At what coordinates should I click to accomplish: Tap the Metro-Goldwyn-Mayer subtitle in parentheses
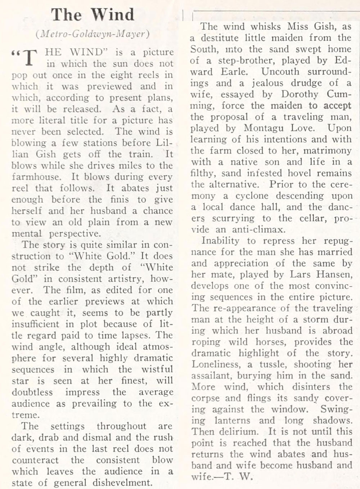pos(93,34)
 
